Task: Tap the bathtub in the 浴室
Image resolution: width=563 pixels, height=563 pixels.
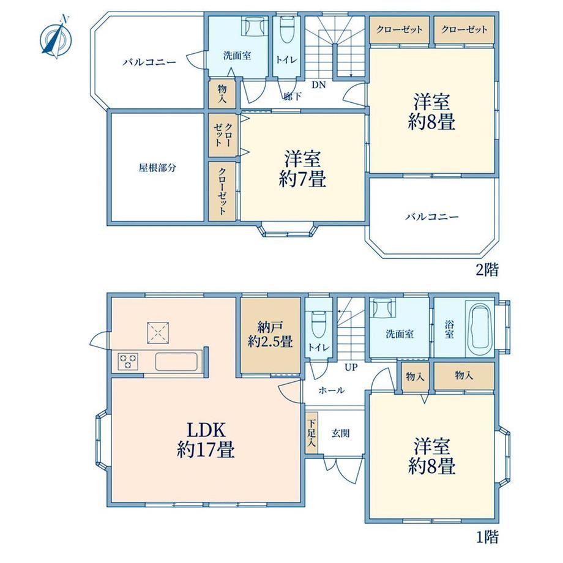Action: pos(480,329)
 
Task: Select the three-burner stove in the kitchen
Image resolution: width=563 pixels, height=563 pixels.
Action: pos(128,361)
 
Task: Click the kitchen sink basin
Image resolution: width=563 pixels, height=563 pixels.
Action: pos(176,362)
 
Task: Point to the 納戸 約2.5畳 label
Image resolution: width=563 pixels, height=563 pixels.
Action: pos(270,334)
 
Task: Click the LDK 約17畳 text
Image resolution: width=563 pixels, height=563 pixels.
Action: pos(206,439)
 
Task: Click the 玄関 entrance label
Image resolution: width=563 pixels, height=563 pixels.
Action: pos(340,433)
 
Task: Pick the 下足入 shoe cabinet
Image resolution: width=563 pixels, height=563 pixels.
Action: pos(311,433)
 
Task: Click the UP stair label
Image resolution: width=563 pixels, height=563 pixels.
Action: pos(351,367)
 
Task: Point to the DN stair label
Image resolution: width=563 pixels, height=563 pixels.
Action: pos(318,85)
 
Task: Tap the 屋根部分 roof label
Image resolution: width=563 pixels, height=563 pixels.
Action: pos(157,168)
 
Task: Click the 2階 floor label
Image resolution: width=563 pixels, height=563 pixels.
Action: pos(487,269)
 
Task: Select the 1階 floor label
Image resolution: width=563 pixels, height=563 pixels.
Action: pos(487,537)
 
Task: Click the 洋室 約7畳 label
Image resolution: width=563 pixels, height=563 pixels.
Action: pos(302,169)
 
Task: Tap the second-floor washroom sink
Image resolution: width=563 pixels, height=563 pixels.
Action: pos(254,26)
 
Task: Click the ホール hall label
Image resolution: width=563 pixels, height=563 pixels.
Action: pos(332,390)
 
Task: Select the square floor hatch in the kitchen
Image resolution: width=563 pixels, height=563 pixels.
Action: pos(158,333)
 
